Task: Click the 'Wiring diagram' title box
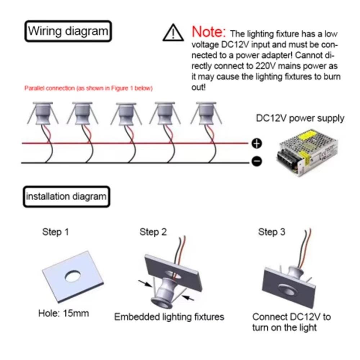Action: click(68, 31)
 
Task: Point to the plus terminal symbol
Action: click(256, 144)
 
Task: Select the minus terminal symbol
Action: click(256, 162)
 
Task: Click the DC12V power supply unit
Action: click(307, 153)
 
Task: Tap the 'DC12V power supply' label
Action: click(300, 118)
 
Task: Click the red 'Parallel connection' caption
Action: click(88, 88)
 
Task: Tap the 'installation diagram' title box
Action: click(66, 197)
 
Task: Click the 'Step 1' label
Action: click(55, 232)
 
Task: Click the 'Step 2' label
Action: click(153, 232)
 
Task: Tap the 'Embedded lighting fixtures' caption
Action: click(169, 317)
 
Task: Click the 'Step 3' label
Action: click(271, 232)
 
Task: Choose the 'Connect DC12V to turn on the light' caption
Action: click(291, 322)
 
